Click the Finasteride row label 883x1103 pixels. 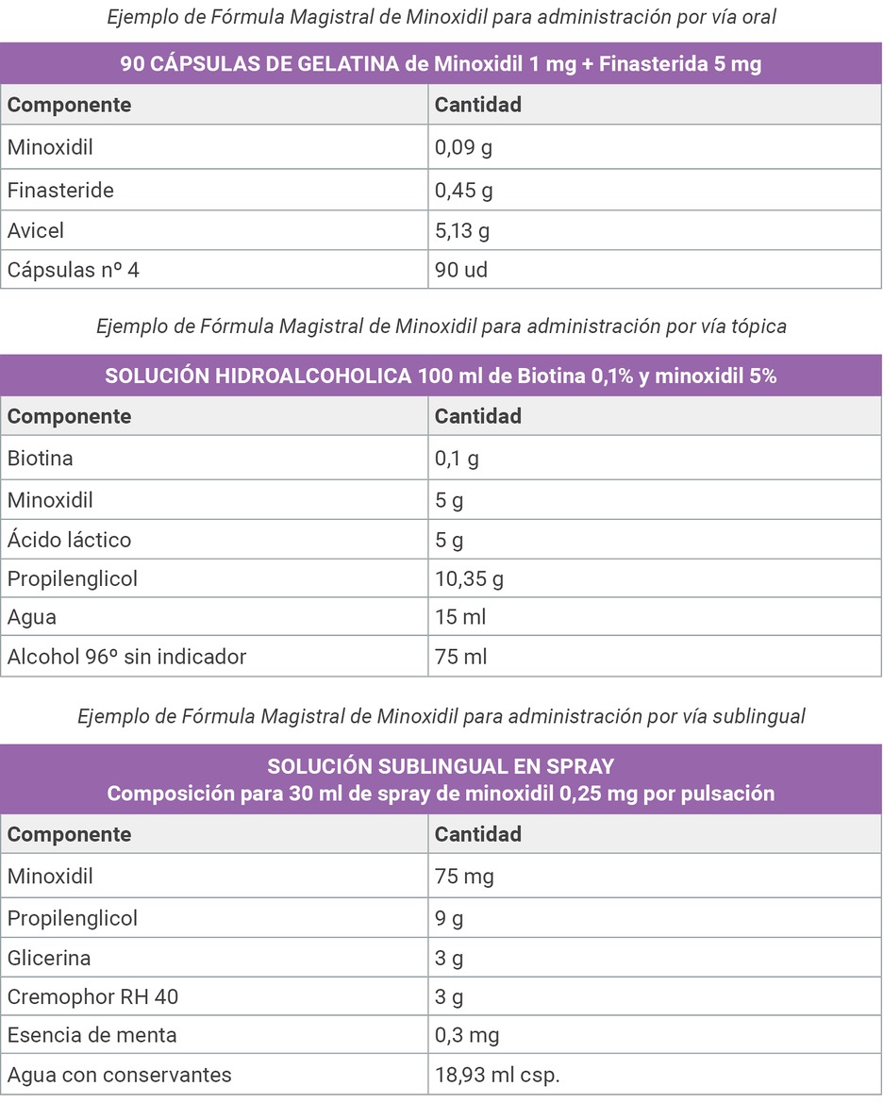tap(60, 191)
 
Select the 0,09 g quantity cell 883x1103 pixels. tap(463, 147)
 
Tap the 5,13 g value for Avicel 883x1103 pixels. tap(461, 230)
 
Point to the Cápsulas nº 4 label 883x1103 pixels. tap(74, 270)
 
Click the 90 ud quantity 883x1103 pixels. tap(461, 270)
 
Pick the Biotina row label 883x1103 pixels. tap(40, 459)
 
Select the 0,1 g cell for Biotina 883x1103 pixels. tap(457, 459)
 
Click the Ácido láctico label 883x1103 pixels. tap(69, 540)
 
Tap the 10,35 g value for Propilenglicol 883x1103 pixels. tap(469, 578)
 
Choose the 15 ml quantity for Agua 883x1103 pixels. tap(460, 617)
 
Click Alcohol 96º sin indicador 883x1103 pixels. tap(126, 657)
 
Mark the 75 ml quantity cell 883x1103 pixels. tap(460, 657)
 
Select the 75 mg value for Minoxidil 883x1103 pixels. tap(464, 877)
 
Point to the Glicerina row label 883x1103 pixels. tap(49, 958)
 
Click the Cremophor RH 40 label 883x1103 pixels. tap(92, 996)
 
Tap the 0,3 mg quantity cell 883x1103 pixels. tap(467, 1035)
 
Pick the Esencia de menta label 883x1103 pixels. tap(92, 1035)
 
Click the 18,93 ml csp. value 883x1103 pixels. tap(497, 1075)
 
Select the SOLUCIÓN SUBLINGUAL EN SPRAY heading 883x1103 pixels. tap(441, 765)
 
